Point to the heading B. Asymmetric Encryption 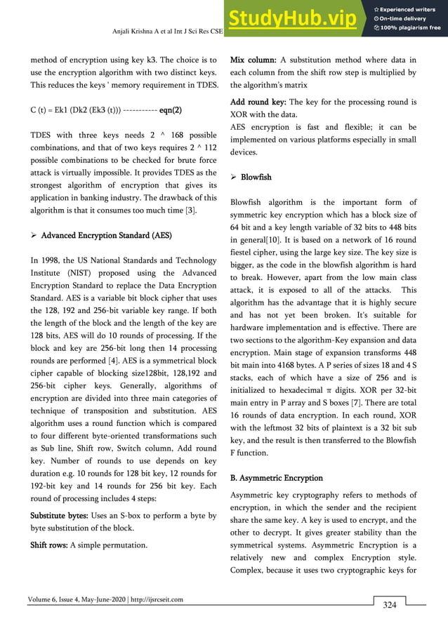coord(277,477)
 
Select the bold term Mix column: coord(253,59)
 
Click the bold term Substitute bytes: coord(62,515)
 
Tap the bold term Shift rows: coord(50,544)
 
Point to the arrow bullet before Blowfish coord(235,177)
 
